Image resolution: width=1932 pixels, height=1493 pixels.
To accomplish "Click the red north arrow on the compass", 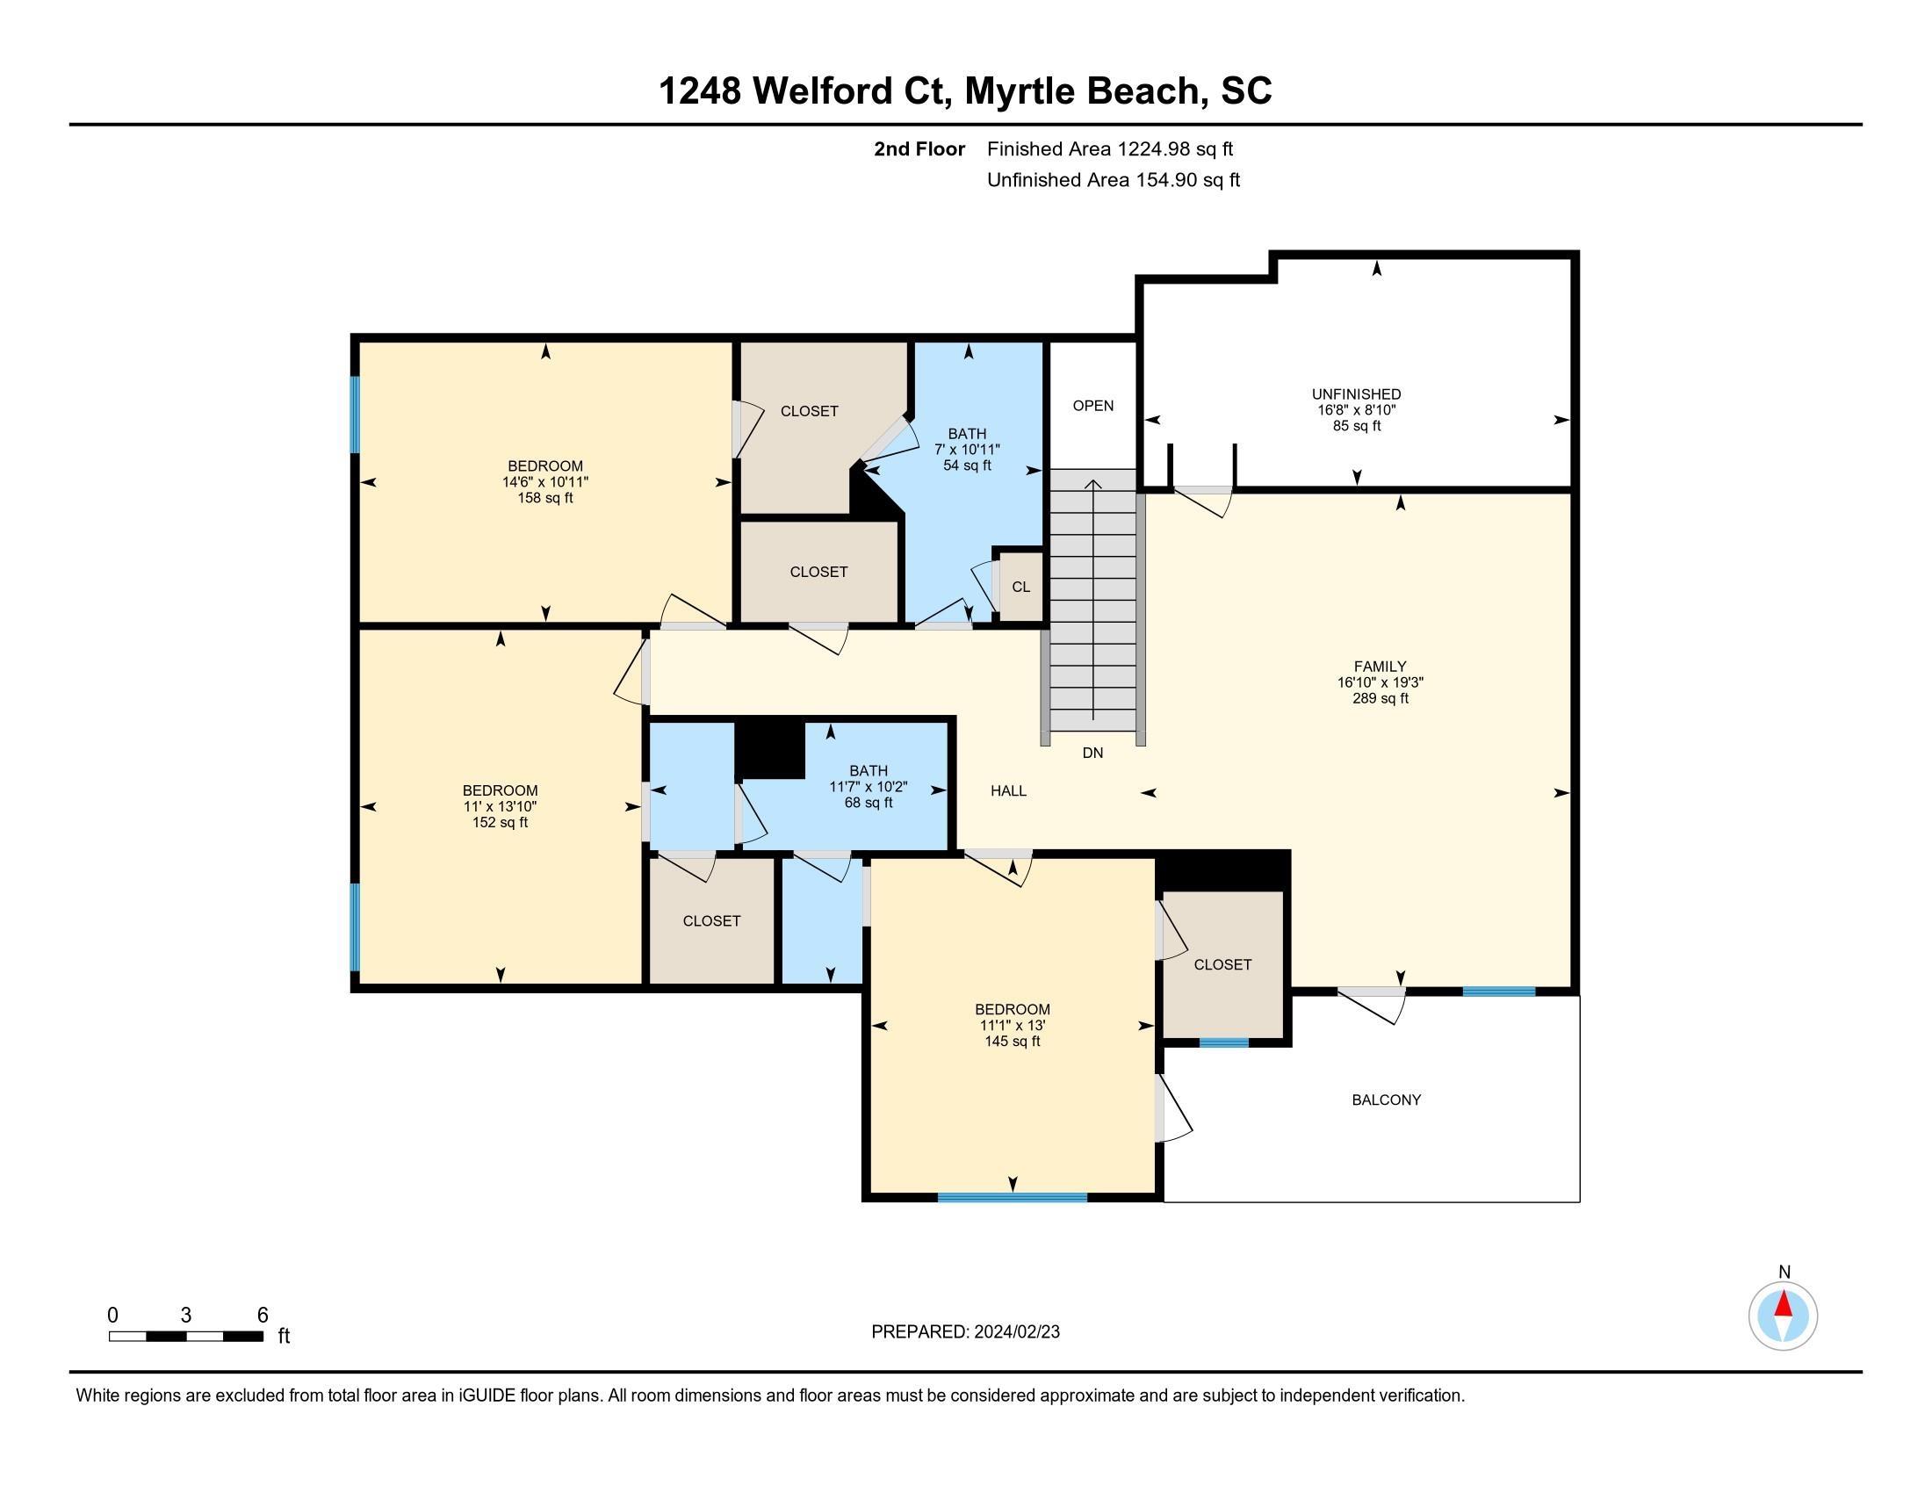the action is point(1784,1303).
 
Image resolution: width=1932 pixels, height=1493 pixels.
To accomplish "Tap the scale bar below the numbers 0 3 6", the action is point(186,1336).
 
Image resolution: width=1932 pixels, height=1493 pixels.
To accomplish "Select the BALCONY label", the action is point(1386,1100).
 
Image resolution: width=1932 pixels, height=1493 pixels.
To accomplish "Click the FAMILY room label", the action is point(1380,666).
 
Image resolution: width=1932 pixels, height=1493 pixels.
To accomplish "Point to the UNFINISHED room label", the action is point(1356,393).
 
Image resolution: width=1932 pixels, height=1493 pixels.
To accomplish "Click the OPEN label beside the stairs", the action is point(1093,405).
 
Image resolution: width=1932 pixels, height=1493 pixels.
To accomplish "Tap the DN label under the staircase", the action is point(1092,753).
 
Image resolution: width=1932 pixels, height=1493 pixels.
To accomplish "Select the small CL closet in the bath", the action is point(1020,587).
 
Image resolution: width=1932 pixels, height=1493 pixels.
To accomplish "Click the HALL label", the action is point(1008,790).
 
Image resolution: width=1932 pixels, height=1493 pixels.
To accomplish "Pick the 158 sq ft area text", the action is point(545,498).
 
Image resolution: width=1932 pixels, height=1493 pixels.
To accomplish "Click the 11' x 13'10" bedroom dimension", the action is point(500,806).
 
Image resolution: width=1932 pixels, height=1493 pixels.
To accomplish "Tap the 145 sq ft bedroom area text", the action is point(1012,1041).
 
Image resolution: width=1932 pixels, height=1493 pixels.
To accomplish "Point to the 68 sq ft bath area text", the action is point(868,802).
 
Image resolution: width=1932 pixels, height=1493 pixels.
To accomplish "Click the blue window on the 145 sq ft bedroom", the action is point(1012,1198).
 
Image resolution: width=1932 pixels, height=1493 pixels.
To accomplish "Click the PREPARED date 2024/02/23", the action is point(1015,1332).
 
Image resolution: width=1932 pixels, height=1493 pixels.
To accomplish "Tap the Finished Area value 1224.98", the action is point(1154,148).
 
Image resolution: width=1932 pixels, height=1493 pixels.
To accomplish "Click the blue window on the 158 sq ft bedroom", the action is point(355,415).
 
